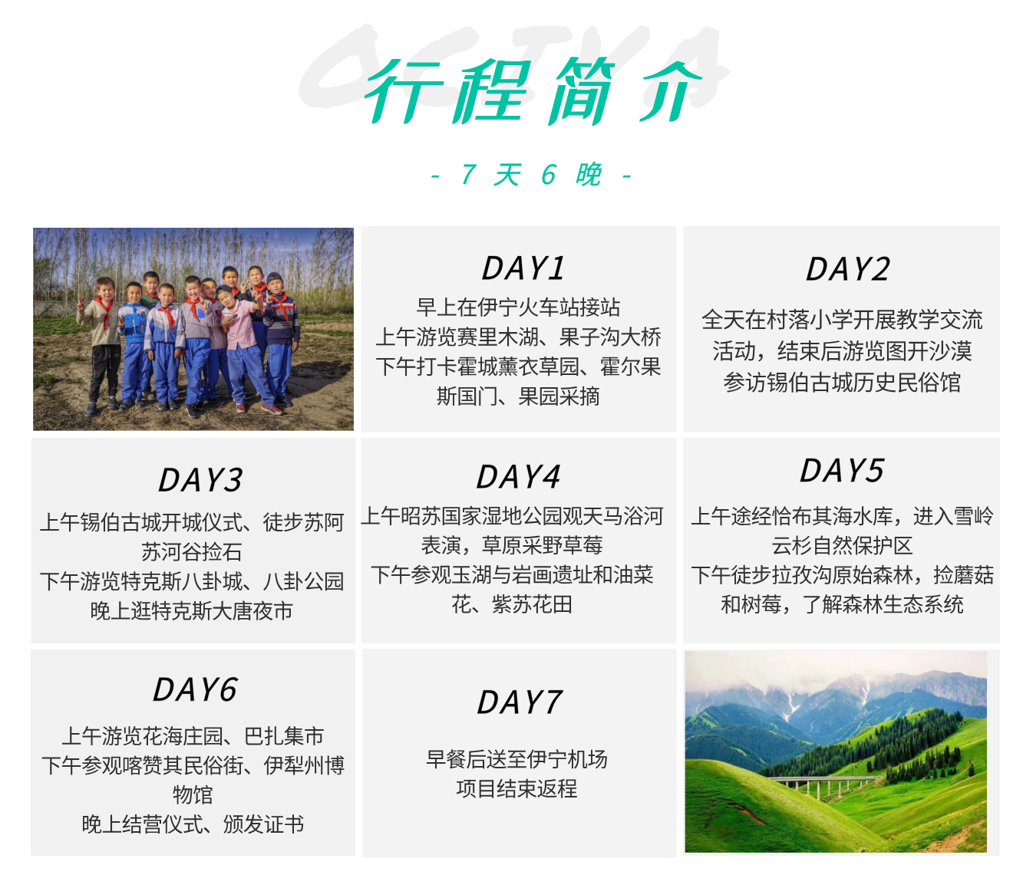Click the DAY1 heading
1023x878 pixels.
click(x=523, y=268)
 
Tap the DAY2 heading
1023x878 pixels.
click(x=847, y=270)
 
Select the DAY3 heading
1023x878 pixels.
click(x=200, y=480)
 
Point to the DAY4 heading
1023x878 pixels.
click(x=518, y=477)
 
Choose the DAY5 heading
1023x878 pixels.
click(x=842, y=470)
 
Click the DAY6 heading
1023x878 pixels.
click(x=194, y=689)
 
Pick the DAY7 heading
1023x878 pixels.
click(x=519, y=702)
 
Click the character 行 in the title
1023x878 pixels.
click(x=404, y=91)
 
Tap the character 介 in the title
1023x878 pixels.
click(x=670, y=91)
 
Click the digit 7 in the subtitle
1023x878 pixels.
click(x=468, y=175)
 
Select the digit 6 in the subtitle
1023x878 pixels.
click(x=549, y=175)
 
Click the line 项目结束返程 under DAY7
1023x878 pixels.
click(x=516, y=788)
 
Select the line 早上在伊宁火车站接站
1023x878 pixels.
click(x=518, y=307)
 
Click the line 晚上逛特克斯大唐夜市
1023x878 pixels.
click(x=192, y=611)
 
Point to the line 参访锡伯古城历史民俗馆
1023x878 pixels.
click(x=842, y=383)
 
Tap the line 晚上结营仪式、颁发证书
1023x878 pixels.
click(x=193, y=824)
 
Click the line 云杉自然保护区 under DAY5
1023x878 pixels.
click(x=842, y=546)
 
